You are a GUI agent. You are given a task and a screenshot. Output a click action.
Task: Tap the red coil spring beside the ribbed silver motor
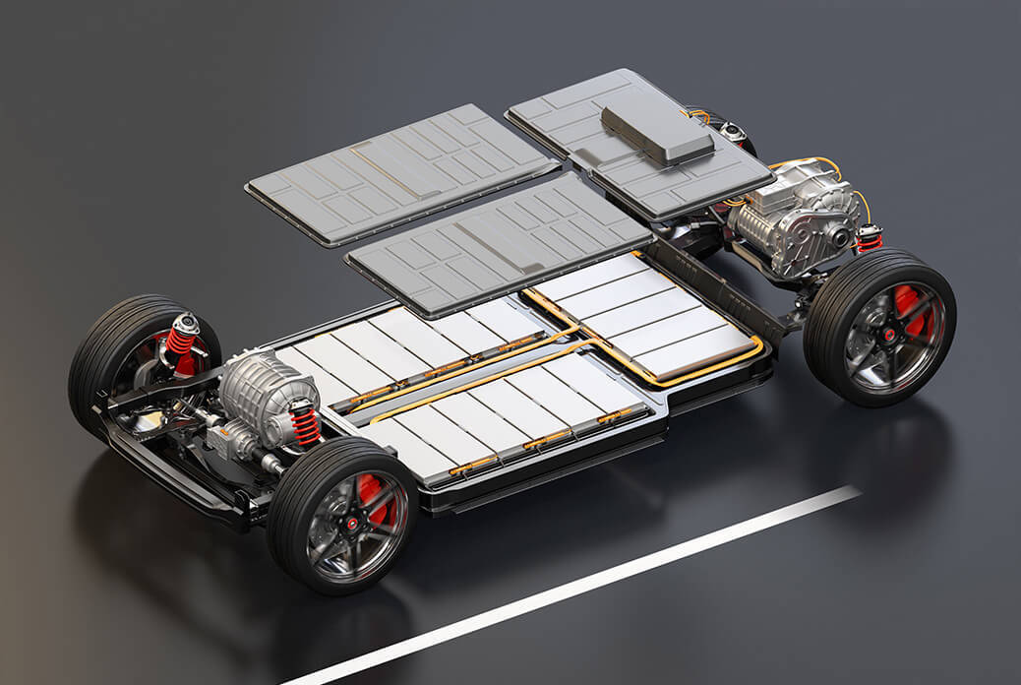[x=304, y=424]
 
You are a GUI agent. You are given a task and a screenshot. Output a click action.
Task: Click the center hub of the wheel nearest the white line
[x=349, y=520]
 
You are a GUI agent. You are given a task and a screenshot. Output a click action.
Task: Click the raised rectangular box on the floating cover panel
[x=657, y=133]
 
